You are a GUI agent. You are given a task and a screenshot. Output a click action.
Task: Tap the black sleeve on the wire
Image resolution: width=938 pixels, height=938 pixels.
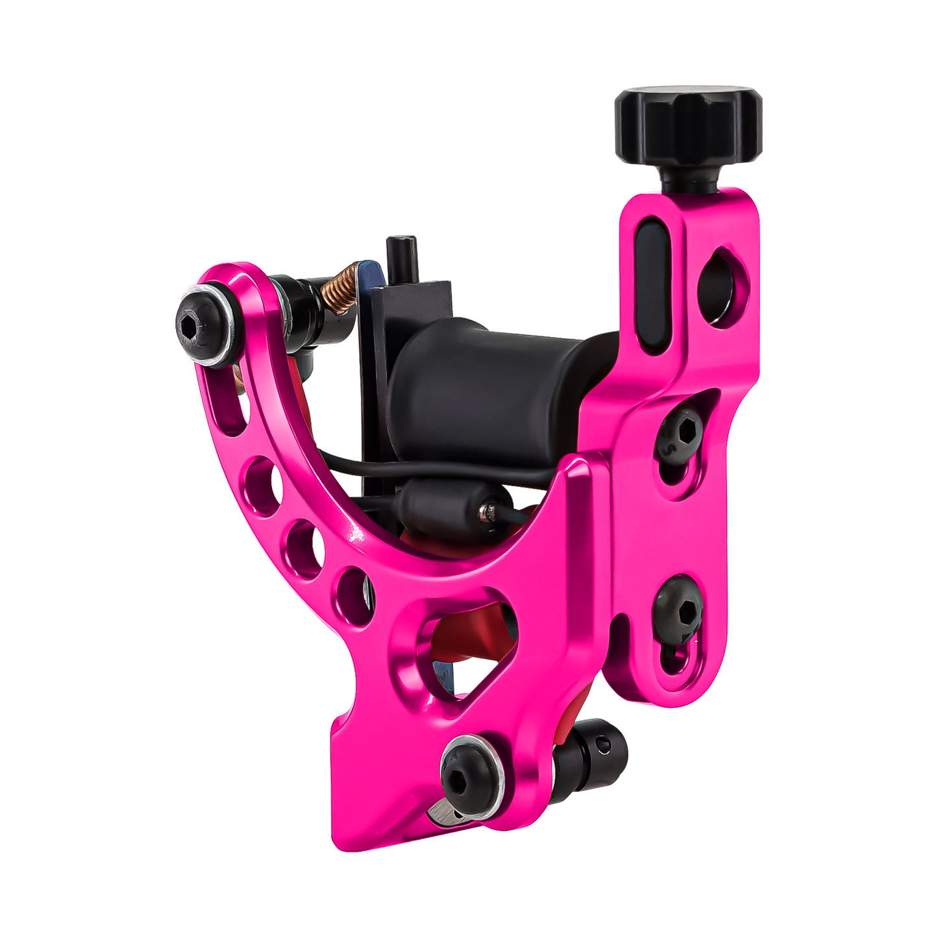(448, 513)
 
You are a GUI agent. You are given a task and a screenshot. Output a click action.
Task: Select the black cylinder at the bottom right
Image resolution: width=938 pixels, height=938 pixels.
(591, 753)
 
